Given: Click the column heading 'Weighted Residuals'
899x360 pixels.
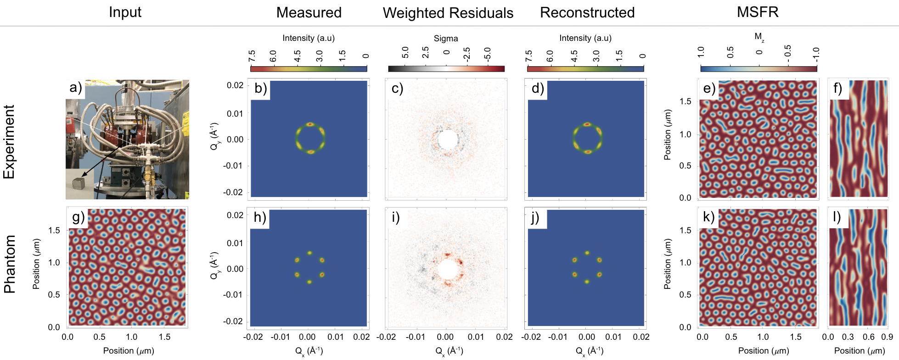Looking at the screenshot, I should (x=448, y=13).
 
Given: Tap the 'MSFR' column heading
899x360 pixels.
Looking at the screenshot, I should (x=758, y=12).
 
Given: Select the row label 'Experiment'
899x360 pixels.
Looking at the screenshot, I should (x=10, y=142).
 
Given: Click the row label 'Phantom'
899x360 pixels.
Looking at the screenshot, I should (x=10, y=264).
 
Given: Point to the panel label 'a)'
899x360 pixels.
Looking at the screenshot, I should (x=75, y=87).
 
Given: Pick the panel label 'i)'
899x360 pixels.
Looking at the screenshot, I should (x=395, y=217).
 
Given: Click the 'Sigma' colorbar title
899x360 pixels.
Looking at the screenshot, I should (x=446, y=39).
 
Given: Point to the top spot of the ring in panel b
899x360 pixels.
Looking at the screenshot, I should (x=310, y=124).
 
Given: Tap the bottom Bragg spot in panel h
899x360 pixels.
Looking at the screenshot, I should (x=309, y=281).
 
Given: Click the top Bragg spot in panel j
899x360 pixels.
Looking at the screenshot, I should (x=587, y=253).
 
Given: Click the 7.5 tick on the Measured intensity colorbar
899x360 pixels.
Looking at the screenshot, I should (x=252, y=56).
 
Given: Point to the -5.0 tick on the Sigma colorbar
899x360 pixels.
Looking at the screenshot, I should (x=487, y=54).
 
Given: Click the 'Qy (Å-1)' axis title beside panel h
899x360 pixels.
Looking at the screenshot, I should (x=214, y=265).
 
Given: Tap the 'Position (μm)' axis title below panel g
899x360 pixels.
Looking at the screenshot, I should (x=129, y=351).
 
